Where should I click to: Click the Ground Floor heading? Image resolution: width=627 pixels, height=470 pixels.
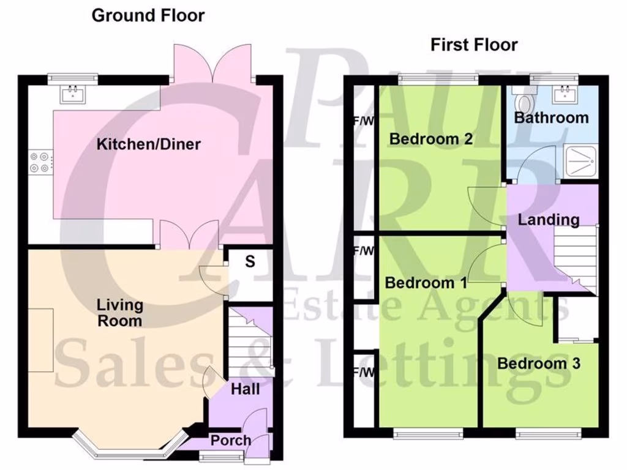tap(148, 16)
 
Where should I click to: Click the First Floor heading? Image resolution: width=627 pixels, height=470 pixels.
tap(474, 45)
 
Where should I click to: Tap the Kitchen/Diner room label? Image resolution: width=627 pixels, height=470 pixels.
tap(149, 144)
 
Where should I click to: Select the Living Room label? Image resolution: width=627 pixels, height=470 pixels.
tap(120, 313)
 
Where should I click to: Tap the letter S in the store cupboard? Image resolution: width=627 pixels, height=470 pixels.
tap(250, 261)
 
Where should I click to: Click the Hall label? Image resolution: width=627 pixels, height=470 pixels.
tap(246, 389)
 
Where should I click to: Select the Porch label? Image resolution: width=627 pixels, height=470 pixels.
tap(231, 440)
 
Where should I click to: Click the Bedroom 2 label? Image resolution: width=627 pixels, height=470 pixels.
tap(431, 139)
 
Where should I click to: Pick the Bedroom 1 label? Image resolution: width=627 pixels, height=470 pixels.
tap(426, 283)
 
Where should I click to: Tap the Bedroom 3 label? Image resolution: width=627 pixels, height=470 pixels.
tap(538, 364)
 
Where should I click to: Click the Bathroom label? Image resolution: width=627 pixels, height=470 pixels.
tap(551, 117)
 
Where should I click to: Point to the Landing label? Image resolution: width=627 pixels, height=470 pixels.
tap(549, 219)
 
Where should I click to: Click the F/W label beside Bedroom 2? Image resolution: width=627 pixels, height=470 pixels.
tap(362, 121)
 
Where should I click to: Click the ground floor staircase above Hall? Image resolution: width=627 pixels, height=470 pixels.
tap(247, 343)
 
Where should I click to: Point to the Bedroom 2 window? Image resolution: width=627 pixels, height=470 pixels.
tap(438, 78)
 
